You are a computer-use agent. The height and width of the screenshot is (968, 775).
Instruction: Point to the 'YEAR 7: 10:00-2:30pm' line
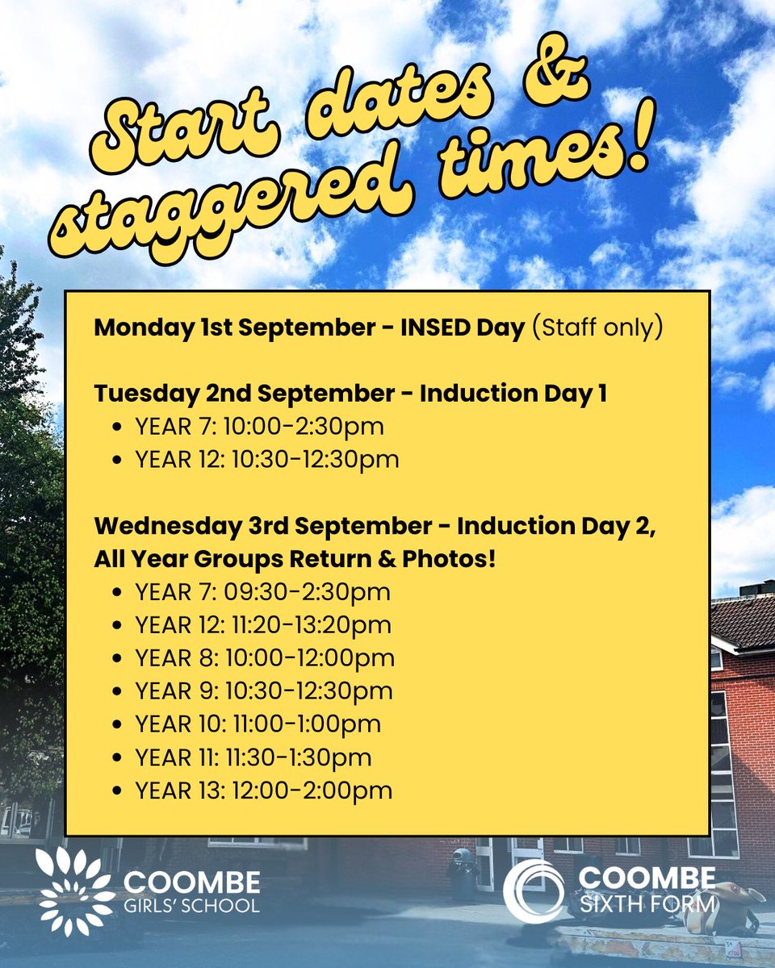click(x=259, y=427)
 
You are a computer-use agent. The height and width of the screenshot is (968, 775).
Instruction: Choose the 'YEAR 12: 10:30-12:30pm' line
click(x=267, y=460)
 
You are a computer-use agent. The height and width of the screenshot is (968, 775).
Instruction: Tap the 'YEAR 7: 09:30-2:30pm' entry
click(x=262, y=592)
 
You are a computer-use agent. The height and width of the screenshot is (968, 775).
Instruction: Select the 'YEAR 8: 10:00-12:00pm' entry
click(x=265, y=658)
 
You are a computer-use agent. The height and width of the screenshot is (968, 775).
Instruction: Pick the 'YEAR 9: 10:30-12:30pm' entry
click(x=264, y=691)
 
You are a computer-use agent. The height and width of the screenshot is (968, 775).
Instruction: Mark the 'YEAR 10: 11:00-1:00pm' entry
click(x=258, y=724)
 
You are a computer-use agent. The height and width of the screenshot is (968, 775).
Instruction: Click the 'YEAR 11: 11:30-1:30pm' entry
click(x=253, y=757)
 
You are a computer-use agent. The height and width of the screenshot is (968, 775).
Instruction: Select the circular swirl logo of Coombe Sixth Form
click(x=534, y=890)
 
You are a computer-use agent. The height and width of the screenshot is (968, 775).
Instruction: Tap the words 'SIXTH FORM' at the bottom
click(x=647, y=903)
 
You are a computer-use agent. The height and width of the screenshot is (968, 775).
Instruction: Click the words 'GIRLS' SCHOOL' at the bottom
click(x=192, y=904)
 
